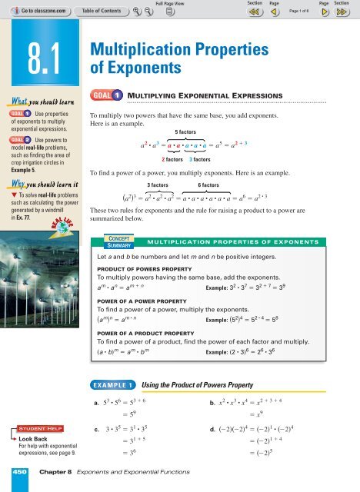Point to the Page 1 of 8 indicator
point(302,12)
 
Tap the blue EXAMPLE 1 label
point(113,382)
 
